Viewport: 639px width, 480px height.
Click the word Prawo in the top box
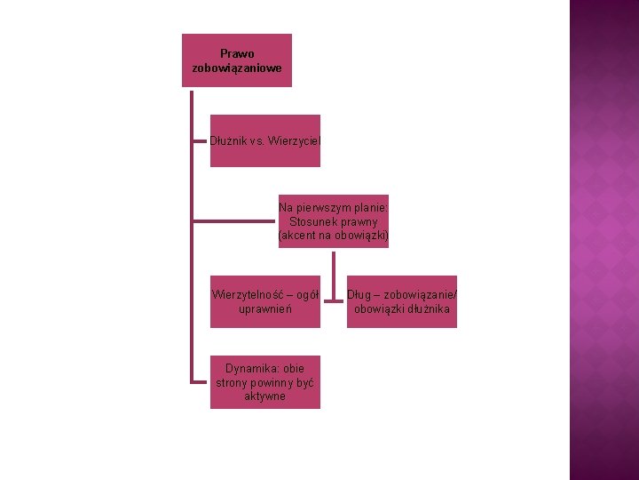237,54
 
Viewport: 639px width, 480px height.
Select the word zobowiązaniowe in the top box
237,68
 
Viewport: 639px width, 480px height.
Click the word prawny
360,221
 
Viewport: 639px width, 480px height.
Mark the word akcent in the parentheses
302,236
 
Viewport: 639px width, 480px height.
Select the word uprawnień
265,309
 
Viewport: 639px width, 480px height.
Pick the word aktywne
265,396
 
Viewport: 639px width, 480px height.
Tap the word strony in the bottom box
233,382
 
